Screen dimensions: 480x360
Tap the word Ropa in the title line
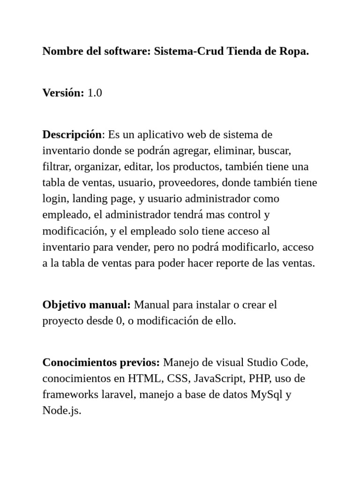(x=294, y=52)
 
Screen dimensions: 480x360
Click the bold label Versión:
(x=63, y=93)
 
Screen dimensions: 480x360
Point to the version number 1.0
(x=95, y=93)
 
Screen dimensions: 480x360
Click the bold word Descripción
(x=72, y=135)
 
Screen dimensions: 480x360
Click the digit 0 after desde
(x=119, y=321)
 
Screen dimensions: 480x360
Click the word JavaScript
(x=219, y=379)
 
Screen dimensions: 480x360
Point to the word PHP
(x=259, y=379)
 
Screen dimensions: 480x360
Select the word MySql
(x=267, y=395)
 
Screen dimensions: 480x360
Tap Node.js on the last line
(x=61, y=411)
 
